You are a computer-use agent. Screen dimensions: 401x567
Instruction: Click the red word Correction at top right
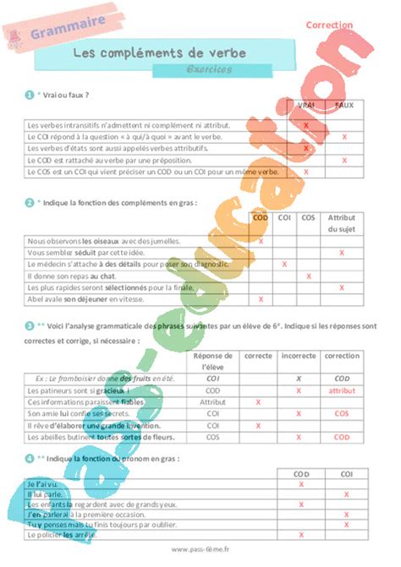pyautogui.click(x=329, y=25)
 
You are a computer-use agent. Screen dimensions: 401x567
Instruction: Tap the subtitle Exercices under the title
pyautogui.click(x=208, y=69)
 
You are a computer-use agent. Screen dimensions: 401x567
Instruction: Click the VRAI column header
pyautogui.click(x=305, y=105)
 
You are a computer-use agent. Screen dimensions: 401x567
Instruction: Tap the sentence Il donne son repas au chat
pyautogui.click(x=72, y=275)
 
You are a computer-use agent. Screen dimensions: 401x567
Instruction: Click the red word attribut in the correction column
pyautogui.click(x=342, y=391)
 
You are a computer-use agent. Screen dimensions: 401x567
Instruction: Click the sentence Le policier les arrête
pyautogui.click(x=64, y=535)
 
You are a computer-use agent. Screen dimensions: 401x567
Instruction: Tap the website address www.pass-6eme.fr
pyautogui.click(x=200, y=550)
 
